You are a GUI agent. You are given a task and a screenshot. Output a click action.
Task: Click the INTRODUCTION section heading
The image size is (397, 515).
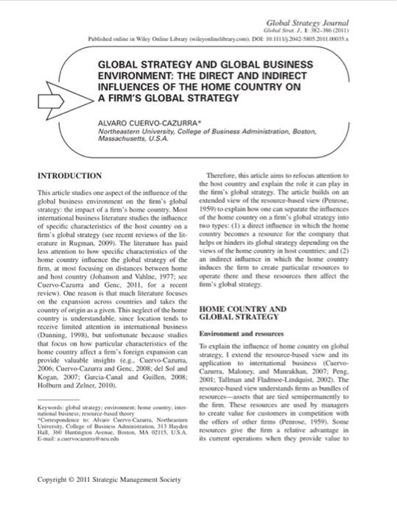pos(69,176)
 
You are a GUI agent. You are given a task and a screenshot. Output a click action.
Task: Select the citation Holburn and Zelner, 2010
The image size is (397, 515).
pos(76,383)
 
